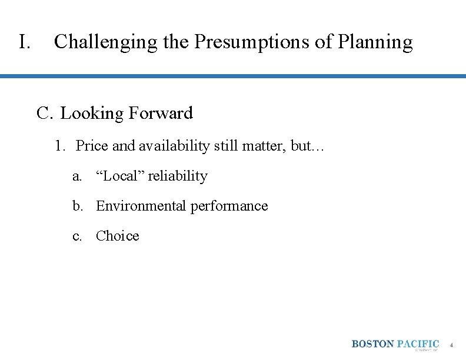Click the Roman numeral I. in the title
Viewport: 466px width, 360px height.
[24, 42]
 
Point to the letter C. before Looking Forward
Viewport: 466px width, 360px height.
[45, 113]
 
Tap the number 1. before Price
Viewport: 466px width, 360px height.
[60, 146]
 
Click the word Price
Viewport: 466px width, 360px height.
[92, 146]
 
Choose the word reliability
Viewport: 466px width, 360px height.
[178, 176]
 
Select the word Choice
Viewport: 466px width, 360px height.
[118, 236]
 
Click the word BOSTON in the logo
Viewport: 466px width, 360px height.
[373, 344]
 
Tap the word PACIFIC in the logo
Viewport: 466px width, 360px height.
[418, 344]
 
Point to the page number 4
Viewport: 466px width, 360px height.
[451, 345]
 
